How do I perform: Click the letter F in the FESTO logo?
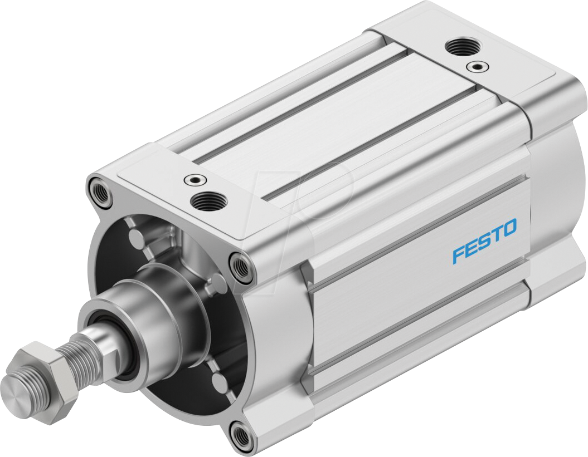coord(458,254)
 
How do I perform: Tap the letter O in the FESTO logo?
coord(509,227)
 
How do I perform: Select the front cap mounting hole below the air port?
coord(240,266)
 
